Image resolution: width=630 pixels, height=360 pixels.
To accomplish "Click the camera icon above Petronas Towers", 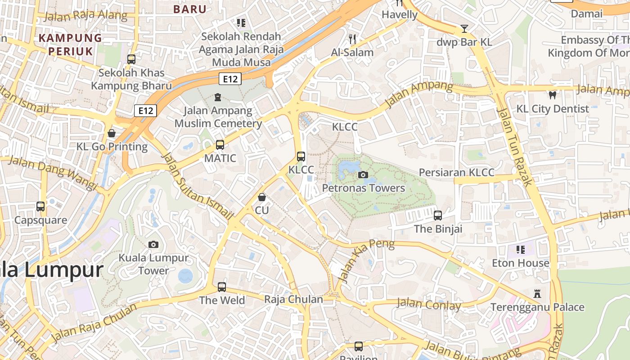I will tap(363, 175).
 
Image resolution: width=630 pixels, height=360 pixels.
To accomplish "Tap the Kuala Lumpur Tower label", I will tap(153, 264).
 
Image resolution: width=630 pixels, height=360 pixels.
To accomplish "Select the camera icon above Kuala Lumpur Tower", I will tap(153, 244).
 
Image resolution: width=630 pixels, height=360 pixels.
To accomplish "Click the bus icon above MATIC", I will tap(220, 145).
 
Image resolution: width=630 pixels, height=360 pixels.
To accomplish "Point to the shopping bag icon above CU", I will tap(261, 197).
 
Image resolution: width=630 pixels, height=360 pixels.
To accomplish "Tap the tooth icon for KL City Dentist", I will tap(553, 95).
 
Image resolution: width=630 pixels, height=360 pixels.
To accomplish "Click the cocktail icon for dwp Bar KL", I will tap(464, 29).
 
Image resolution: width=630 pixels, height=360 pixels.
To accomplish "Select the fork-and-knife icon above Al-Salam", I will tap(352, 39).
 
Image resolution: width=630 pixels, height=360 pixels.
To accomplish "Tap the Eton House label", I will tap(520, 263).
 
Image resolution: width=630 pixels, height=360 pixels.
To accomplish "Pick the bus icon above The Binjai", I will tap(438, 216).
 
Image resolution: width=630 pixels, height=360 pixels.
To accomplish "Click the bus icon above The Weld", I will tap(221, 287).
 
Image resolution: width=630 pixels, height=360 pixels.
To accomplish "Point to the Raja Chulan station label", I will tap(293, 299).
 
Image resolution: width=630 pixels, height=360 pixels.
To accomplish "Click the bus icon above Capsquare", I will tap(40, 207).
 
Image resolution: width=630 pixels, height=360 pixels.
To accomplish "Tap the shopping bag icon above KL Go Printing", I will tap(111, 133).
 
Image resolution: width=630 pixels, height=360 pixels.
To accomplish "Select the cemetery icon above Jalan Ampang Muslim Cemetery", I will tap(218, 97).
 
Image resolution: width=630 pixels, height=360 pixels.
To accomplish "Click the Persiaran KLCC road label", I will tap(456, 172).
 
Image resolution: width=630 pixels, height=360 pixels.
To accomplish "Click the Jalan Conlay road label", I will tap(428, 305).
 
